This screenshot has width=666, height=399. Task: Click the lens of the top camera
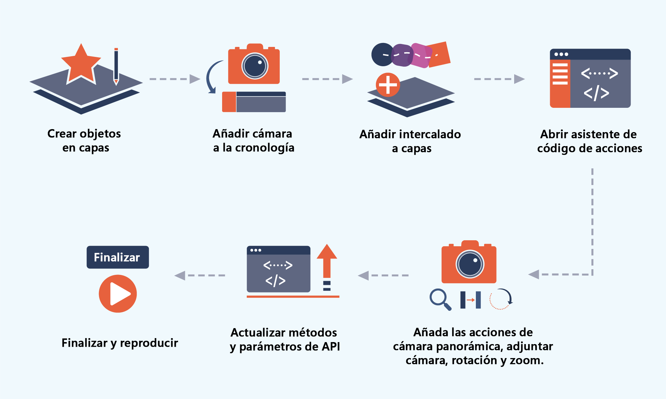tap(255, 66)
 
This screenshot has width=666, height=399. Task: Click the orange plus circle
tap(388, 85)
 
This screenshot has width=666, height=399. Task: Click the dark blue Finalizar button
tap(118, 257)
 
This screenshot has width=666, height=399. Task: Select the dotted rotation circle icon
tap(500, 299)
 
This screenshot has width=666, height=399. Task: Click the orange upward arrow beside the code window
tap(327, 262)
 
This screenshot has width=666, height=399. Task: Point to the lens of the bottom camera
tap(470, 264)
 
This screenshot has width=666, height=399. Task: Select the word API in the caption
tap(331, 347)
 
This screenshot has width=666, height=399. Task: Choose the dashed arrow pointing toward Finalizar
tap(199, 276)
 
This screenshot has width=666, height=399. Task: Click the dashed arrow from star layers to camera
tap(174, 79)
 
